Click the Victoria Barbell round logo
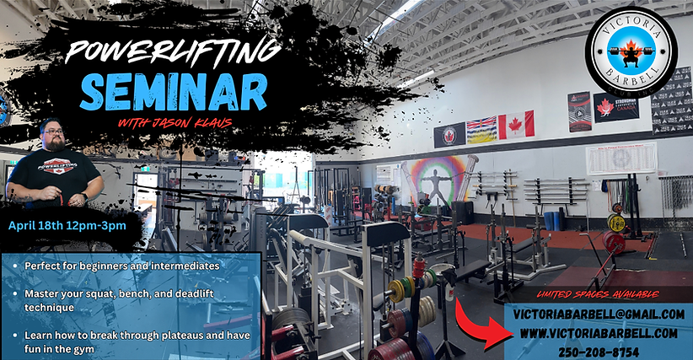631,51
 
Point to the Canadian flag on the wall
516,125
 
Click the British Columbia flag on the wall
481,130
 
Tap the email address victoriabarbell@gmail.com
599,314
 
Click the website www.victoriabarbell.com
599,332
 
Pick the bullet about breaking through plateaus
126,341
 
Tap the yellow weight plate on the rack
616,223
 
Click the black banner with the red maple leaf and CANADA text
615,107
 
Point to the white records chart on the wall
620,158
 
